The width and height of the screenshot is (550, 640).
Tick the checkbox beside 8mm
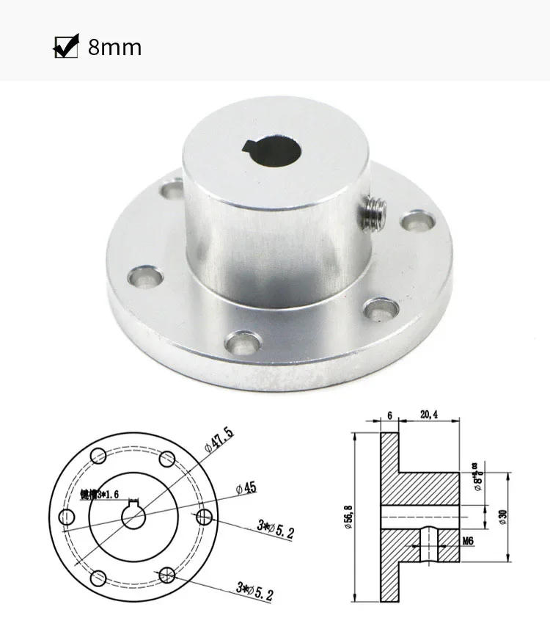pos(66,47)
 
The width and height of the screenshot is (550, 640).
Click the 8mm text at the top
pos(114,48)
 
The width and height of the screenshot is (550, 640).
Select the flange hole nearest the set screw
pos(416,219)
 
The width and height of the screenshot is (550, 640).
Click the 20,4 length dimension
pos(429,415)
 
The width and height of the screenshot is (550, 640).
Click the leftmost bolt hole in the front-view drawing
pos(67,517)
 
